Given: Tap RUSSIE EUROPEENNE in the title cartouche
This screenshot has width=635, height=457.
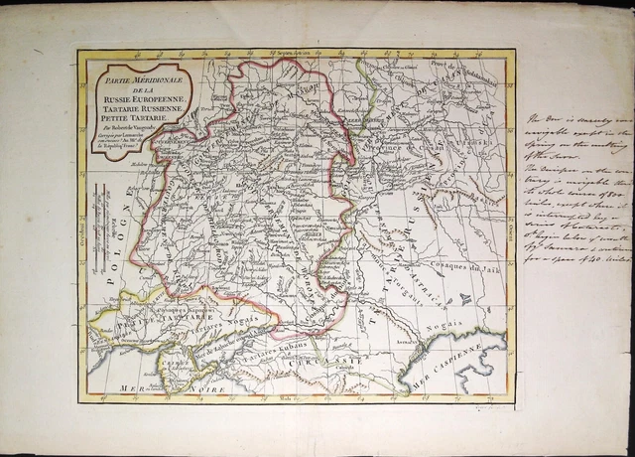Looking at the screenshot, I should (x=128, y=103).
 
